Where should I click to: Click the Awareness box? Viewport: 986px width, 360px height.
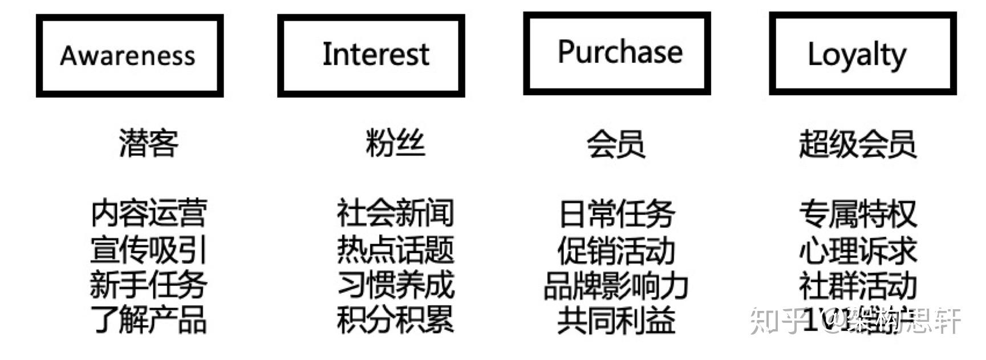coord(129,55)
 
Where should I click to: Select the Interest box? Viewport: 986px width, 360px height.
coord(371,55)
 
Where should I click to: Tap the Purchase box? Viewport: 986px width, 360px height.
coord(616,53)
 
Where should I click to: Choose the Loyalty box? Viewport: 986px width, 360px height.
coord(862,53)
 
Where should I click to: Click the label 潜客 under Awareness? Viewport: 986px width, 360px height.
coord(148,143)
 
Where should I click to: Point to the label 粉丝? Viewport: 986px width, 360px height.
coord(395,143)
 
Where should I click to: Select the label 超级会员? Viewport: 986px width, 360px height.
coord(857,144)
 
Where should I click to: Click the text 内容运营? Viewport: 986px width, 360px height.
coord(148,213)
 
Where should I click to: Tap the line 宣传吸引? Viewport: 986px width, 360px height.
coord(148,249)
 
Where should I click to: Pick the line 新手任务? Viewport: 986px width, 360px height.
coord(148,285)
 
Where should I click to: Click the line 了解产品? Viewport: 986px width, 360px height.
coord(148,319)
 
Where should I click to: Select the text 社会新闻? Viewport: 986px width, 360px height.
coord(395,213)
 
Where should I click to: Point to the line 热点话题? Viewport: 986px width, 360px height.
coord(395,249)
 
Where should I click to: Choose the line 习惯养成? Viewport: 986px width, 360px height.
coord(395,285)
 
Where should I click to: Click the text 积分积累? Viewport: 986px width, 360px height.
coord(395,319)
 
